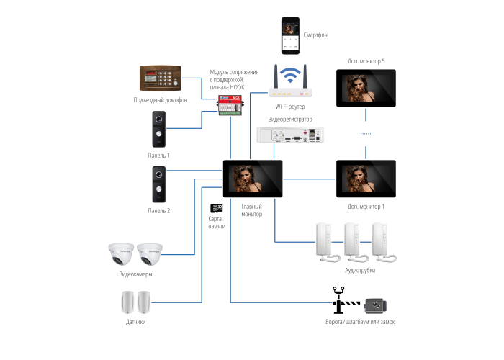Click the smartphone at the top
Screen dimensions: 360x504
coord(290,36)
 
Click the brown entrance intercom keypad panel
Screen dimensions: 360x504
coord(159,79)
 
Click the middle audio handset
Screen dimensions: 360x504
coord(353,243)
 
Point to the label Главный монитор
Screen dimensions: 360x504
coord(251,210)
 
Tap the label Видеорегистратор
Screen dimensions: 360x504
coord(290,118)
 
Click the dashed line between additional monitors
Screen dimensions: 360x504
coord(366,134)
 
